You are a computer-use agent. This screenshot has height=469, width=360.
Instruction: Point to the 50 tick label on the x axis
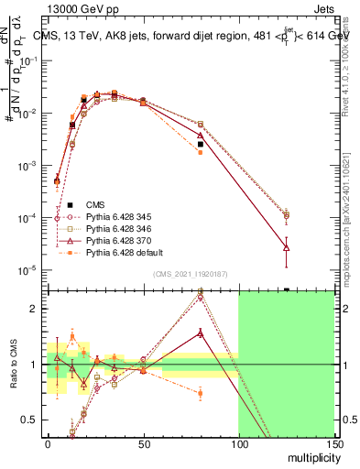(x=143, y=445)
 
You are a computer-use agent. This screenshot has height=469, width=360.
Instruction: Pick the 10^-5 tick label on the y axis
(x=27, y=270)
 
